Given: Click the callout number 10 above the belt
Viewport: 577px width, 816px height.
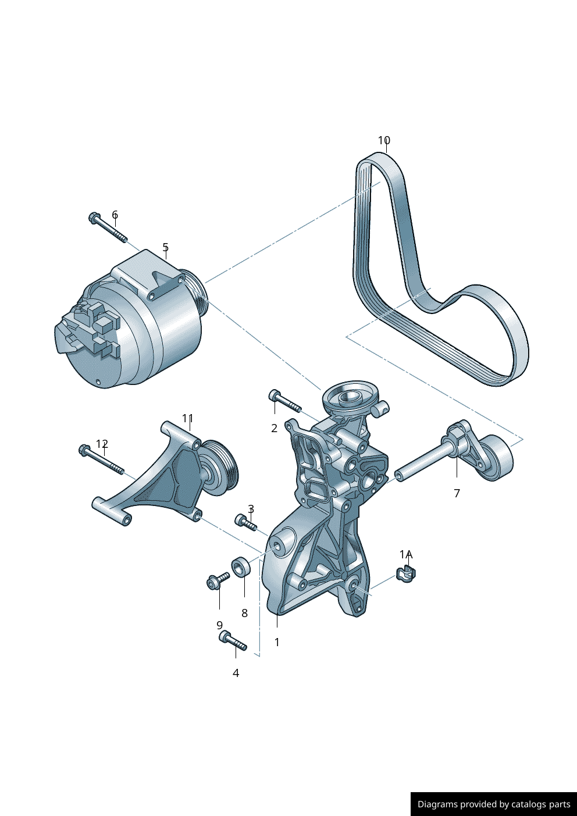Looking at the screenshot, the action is pos(384,140).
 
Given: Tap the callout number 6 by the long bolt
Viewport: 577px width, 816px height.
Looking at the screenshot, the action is pos(115,214).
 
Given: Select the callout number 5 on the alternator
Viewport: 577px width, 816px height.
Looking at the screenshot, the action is pos(165,247).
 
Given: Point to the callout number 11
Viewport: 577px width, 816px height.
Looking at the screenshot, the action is pos(188,418).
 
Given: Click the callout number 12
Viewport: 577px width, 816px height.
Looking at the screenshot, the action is pos(102,444).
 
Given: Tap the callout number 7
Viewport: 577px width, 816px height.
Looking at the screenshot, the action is pos(457,493).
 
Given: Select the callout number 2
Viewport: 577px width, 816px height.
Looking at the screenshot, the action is pos(275,429).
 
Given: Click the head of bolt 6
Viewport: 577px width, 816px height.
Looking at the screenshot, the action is pos(94,218).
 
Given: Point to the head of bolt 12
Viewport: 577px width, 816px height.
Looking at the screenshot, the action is pos(84,450).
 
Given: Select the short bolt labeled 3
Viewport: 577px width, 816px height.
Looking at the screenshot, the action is pos(246,522).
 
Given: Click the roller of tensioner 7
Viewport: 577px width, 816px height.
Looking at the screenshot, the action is pos(497,458).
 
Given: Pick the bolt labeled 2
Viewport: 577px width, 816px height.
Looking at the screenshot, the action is pos(285,401).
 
